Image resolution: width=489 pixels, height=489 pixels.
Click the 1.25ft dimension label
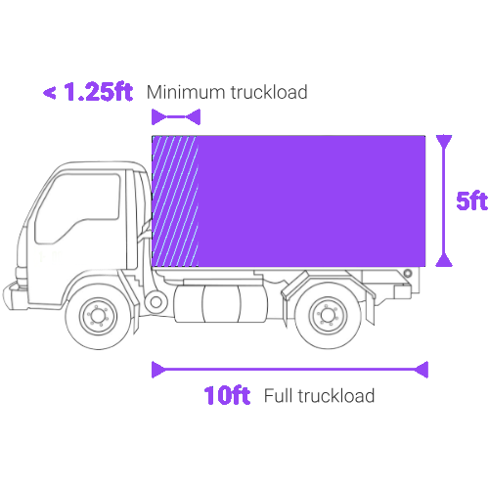tap(98, 91)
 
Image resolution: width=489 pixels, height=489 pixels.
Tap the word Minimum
tap(185, 92)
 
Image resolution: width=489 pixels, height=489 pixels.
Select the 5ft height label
tap(471, 200)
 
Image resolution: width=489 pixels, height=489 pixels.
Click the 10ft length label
tap(227, 395)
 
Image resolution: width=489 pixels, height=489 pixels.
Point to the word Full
tap(278, 396)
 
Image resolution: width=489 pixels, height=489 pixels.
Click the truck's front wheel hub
tap(98, 316)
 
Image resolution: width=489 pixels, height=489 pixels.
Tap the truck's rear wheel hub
tap(328, 315)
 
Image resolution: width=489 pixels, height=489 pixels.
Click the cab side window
tap(78, 208)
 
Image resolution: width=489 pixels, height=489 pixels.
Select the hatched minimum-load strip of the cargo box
tap(175, 201)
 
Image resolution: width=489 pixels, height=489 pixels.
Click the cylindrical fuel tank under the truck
tap(221, 304)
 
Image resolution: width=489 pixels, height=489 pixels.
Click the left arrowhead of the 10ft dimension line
tap(159, 370)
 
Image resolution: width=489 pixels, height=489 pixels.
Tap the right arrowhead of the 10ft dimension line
tap(421, 370)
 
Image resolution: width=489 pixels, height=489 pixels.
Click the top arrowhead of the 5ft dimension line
tap(444, 142)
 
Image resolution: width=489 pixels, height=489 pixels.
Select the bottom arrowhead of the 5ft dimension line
tap(444, 260)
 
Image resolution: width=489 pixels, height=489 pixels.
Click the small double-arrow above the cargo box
tap(176, 117)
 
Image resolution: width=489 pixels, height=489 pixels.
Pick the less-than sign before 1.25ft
tap(49, 93)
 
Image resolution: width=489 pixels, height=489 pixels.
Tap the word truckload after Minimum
tap(269, 92)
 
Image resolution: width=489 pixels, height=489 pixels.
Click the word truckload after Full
tap(336, 396)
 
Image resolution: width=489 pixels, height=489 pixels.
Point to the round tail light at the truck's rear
tap(408, 273)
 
